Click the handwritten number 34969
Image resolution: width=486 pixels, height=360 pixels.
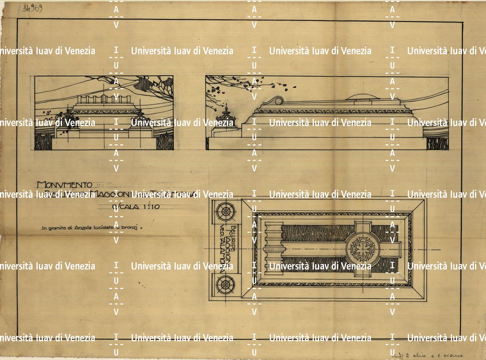(x=34, y=8)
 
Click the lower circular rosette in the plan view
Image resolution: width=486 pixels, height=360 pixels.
(x=225, y=285)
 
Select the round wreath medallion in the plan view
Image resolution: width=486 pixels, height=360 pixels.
(x=362, y=248)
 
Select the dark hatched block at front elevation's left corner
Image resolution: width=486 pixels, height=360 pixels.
(x=44, y=142)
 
